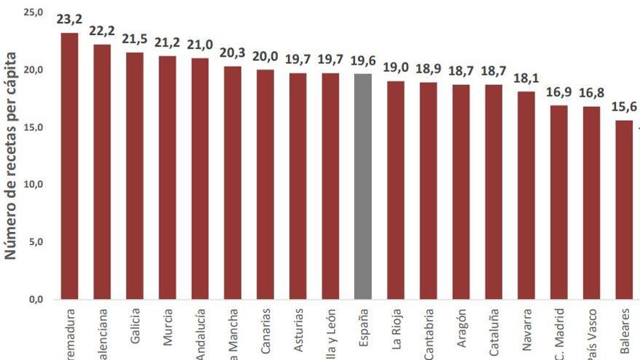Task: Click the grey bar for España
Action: coord(363,186)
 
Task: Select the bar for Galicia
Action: coord(135,175)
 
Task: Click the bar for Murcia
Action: coord(167,177)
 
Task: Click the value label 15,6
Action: coord(624,107)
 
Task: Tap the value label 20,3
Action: coord(233,53)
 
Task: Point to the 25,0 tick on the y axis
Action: coord(33,12)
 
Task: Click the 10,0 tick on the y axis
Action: coord(33,185)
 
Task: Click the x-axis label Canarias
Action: coord(265,332)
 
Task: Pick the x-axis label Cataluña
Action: coord(494,332)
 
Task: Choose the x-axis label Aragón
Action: coord(461,328)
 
